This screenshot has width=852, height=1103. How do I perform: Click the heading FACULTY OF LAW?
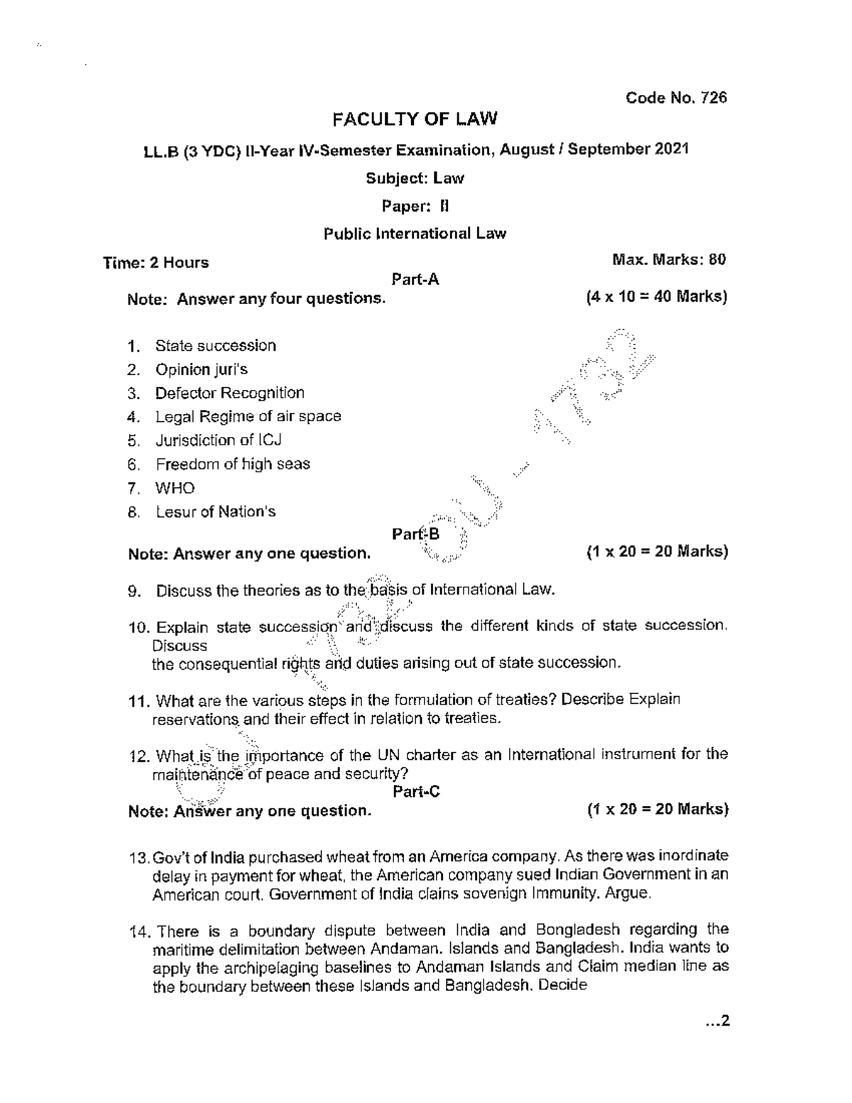[x=415, y=119]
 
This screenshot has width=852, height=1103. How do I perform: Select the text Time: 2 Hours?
[x=156, y=263]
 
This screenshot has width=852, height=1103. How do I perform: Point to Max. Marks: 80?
[x=669, y=260]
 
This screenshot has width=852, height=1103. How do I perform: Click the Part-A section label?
[x=415, y=280]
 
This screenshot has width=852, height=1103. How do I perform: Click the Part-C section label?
[x=416, y=791]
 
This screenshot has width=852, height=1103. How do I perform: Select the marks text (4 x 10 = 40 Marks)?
[x=656, y=297]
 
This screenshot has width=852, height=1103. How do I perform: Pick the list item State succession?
[x=215, y=346]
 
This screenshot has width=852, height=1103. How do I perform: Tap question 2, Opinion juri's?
[x=201, y=369]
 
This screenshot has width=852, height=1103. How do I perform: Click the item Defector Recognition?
[x=229, y=393]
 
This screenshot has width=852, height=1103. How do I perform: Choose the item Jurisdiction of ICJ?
[x=218, y=440]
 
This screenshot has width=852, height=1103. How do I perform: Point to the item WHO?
[x=175, y=488]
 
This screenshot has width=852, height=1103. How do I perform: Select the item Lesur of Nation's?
[x=215, y=511]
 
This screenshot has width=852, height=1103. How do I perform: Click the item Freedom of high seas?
[x=232, y=464]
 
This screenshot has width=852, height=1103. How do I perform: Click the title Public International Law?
[x=415, y=234]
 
